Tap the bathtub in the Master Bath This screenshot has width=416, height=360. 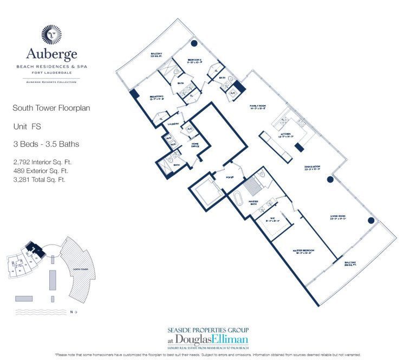pyautogui.click(x=238, y=197)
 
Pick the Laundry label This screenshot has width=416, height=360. pyautogui.click(x=173, y=124)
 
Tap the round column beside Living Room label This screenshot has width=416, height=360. pyautogui.click(x=371, y=221)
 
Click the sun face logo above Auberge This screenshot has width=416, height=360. pyautogui.click(x=52, y=34)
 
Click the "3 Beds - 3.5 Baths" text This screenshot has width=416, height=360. pyautogui.click(x=45, y=144)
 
